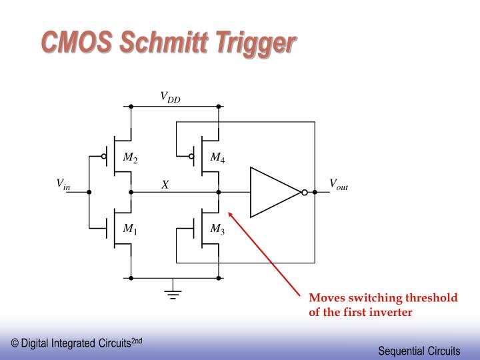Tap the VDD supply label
click(170, 99)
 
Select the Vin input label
click(63, 185)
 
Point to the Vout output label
click(339, 185)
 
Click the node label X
click(165, 185)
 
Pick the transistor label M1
click(130, 229)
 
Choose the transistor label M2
click(130, 158)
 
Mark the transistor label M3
click(217, 229)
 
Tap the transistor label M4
click(217, 158)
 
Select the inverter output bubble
click(304, 192)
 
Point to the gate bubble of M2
click(104, 157)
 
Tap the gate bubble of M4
click(191, 157)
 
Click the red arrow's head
click(231, 215)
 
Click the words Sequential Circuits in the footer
click(419, 350)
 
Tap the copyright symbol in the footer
click(15, 343)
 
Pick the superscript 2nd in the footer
click(136, 341)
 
